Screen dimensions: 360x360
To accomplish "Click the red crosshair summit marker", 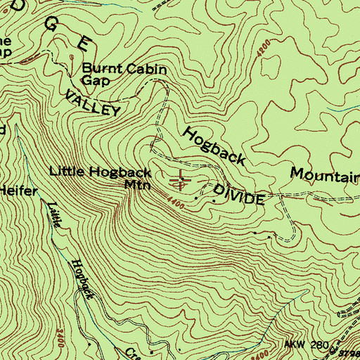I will [181, 180].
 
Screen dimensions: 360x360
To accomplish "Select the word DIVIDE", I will [238, 195].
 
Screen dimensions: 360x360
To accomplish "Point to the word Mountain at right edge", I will [325, 175].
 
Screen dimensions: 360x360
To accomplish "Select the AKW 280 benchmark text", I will [306, 345].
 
